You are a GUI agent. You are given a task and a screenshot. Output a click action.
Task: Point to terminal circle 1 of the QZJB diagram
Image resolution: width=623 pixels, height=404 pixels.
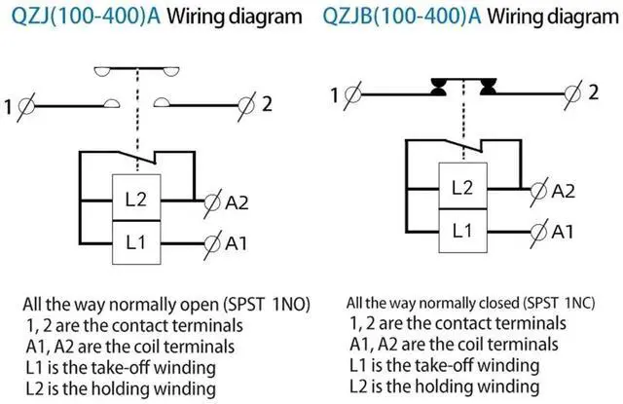(x=352, y=95)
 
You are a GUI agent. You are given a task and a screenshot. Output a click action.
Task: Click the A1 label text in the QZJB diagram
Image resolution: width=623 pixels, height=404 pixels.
(x=564, y=232)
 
